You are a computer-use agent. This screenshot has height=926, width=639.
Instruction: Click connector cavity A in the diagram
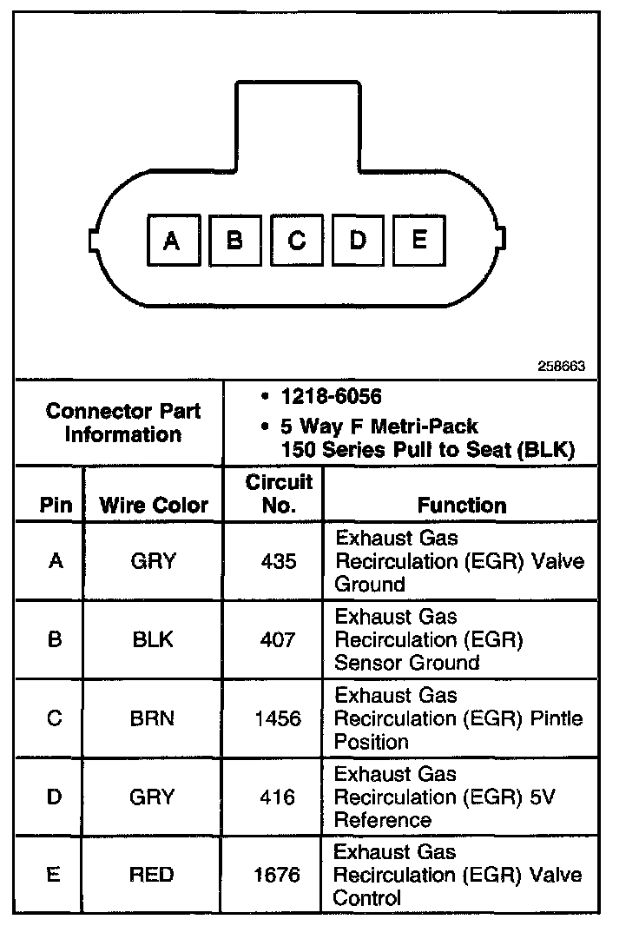[172, 241]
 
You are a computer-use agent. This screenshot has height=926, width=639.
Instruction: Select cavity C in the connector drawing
[296, 241]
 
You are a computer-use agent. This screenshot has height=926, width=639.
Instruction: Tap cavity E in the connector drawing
[419, 239]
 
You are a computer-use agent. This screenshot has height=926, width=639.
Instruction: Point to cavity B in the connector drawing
[234, 241]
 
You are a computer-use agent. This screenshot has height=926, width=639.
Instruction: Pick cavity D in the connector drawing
[358, 240]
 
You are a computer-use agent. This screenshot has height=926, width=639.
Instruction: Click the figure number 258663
[562, 367]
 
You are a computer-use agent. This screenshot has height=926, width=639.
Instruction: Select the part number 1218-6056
[331, 397]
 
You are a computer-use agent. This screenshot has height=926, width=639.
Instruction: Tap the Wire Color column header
[154, 505]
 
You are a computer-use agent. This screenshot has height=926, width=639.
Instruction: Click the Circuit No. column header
[278, 493]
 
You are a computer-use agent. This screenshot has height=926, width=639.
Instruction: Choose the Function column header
[461, 505]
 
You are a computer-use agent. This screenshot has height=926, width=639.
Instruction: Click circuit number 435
[278, 561]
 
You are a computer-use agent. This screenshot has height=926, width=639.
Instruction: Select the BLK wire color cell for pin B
[153, 640]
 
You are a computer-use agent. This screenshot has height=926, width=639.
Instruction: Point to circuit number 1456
[278, 718]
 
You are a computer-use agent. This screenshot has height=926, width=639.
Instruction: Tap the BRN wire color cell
[153, 718]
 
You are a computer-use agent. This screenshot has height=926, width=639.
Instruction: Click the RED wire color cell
[153, 875]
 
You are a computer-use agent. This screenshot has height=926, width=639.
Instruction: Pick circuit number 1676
[278, 875]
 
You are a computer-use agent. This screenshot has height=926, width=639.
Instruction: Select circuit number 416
[278, 797]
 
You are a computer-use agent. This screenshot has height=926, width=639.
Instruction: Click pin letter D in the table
[54, 797]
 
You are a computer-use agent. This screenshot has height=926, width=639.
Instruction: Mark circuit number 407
[278, 640]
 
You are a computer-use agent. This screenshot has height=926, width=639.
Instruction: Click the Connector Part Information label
[122, 422]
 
